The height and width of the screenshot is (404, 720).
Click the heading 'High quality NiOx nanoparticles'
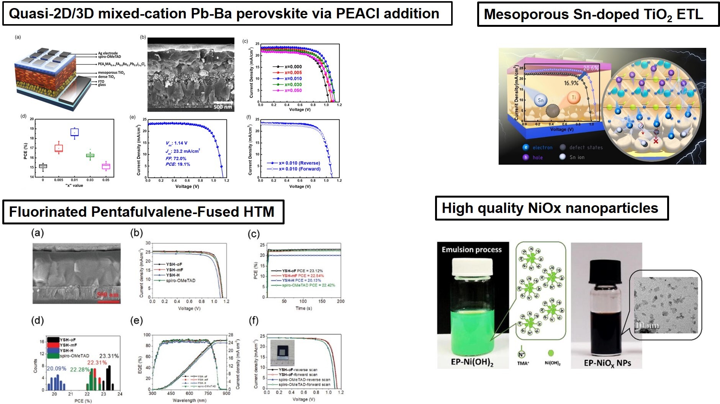[550, 208]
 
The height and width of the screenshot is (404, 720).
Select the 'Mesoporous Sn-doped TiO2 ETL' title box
[593, 15]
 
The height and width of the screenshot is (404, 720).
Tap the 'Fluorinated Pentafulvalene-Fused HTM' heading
[142, 212]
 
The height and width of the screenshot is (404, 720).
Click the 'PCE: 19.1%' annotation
[178, 164]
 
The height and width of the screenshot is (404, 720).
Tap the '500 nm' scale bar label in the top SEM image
[223, 107]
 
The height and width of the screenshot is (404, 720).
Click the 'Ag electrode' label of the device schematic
[108, 53]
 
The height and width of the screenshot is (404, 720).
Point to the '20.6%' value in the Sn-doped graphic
[591, 68]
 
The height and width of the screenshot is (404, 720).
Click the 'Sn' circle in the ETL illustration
[540, 100]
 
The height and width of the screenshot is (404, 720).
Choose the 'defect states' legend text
[586, 147]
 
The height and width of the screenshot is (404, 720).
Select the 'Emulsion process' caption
[471, 250]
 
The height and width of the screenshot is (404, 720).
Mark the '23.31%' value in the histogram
[109, 356]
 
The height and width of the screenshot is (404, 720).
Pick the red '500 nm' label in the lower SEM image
[108, 294]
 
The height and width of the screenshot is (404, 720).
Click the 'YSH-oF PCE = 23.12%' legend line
[302, 271]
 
